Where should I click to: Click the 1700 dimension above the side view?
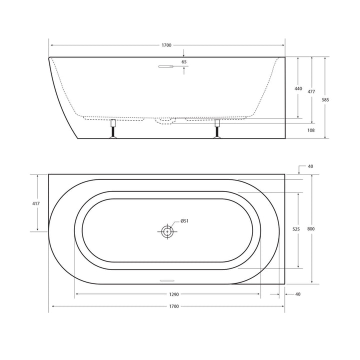tap(166, 45)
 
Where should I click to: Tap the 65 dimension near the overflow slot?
tap(184, 62)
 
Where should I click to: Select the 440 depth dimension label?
tap(298, 88)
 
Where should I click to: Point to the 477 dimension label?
tap(311, 91)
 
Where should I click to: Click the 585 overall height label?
tap(325, 99)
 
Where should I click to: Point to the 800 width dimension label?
tap(311, 229)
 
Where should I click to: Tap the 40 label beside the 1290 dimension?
tap(298, 294)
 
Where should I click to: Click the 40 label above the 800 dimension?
tap(310, 166)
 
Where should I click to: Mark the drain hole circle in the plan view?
tap(167, 231)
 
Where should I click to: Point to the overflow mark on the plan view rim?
tap(166, 280)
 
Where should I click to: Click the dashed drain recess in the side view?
tap(164, 120)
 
